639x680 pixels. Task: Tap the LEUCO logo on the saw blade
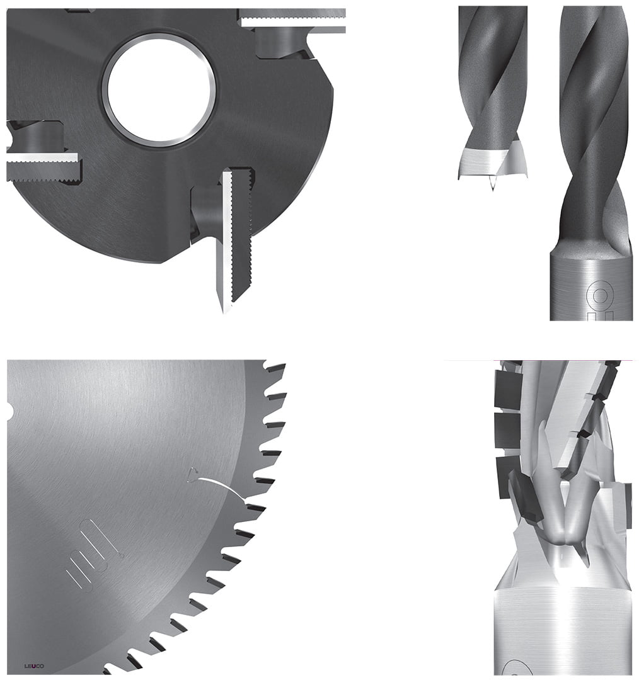[34, 666]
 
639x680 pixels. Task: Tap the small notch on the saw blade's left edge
[9, 411]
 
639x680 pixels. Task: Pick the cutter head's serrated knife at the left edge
[43, 167]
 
